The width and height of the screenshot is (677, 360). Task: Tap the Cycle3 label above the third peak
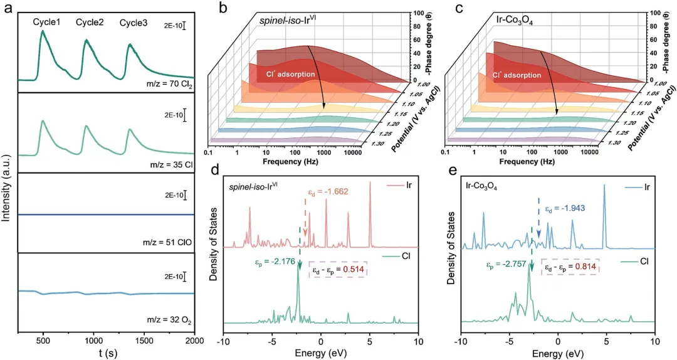pyautogui.click(x=134, y=23)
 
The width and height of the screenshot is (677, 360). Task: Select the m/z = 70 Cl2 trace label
pyautogui.click(x=166, y=83)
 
